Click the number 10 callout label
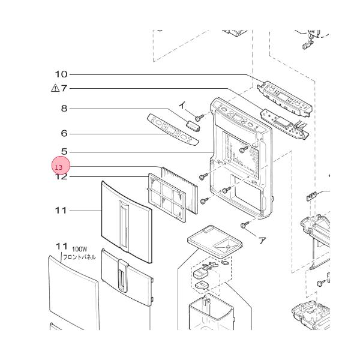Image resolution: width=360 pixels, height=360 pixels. coord(61,74)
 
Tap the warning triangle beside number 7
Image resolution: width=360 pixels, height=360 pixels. coord(55,88)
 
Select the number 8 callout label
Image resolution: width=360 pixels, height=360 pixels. coord(64,109)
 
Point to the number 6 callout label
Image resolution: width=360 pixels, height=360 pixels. coord(64,134)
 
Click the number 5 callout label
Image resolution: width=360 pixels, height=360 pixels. coord(64,152)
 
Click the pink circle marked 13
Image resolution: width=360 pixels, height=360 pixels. coord(61,166)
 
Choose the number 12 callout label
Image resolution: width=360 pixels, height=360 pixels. coord(61,177)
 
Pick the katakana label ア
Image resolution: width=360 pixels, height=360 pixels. coord(262,239)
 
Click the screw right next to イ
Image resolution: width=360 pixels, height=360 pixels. coord(198,118)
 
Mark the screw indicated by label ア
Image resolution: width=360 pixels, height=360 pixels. coord(244,225)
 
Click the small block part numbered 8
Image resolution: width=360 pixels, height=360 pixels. coord(192,125)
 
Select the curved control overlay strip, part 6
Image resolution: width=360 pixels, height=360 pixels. coord(172,130)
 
